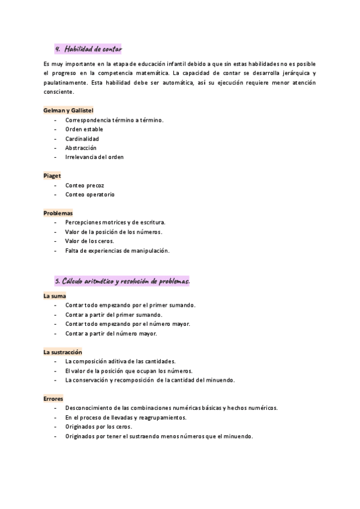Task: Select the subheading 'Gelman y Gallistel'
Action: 68,110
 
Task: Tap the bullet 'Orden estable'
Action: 84,129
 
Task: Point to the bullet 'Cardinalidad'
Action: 82,139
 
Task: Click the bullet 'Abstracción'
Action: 81,148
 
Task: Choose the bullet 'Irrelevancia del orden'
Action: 95,157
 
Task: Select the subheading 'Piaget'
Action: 52,176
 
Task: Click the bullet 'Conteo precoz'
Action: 85,185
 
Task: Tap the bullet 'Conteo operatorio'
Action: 90,194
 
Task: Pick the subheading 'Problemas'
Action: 58,213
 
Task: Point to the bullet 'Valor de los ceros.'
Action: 89,241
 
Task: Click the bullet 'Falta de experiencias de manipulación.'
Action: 118,250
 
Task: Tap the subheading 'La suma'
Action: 55,296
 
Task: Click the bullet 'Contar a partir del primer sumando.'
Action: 114,315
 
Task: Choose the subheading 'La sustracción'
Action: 62,352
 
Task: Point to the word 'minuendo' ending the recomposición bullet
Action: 221,380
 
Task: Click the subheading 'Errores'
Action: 53,399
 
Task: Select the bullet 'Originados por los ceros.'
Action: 98,427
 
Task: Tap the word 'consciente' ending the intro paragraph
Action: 59,92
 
